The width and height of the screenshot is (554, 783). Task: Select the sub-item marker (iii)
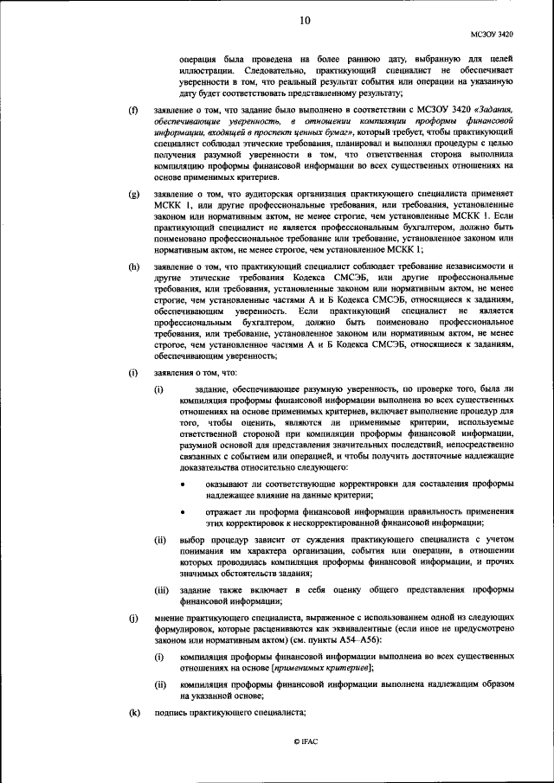161,590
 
